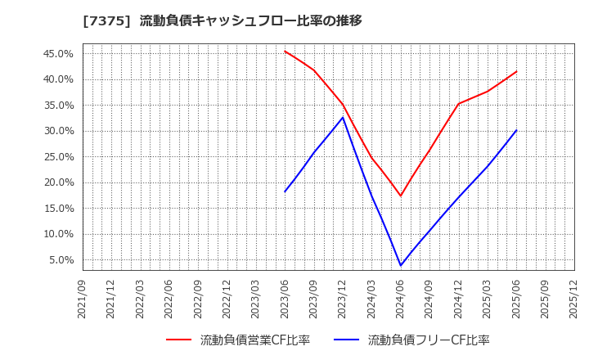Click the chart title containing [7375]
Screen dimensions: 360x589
[222, 20]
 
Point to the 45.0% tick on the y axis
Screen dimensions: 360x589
[57, 54]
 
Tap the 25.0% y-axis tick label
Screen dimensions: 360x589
[57, 157]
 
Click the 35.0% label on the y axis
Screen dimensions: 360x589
[57, 106]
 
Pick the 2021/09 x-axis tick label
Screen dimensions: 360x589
[83, 299]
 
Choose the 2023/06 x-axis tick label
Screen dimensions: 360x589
[285, 299]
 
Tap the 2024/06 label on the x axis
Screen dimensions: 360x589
[401, 299]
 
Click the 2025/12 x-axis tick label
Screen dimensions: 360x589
[574, 299]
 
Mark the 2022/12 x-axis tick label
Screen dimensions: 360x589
[227, 299]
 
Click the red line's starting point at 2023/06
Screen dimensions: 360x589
[285, 51]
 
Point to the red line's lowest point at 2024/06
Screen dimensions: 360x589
[401, 196]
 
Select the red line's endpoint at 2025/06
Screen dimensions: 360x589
[516, 71]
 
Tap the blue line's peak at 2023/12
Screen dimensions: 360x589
[343, 117]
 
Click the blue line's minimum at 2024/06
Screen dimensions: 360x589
[401, 265]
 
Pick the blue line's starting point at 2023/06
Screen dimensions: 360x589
[285, 191]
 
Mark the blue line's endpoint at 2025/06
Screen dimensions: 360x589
[516, 130]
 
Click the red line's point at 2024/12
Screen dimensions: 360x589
[458, 104]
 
